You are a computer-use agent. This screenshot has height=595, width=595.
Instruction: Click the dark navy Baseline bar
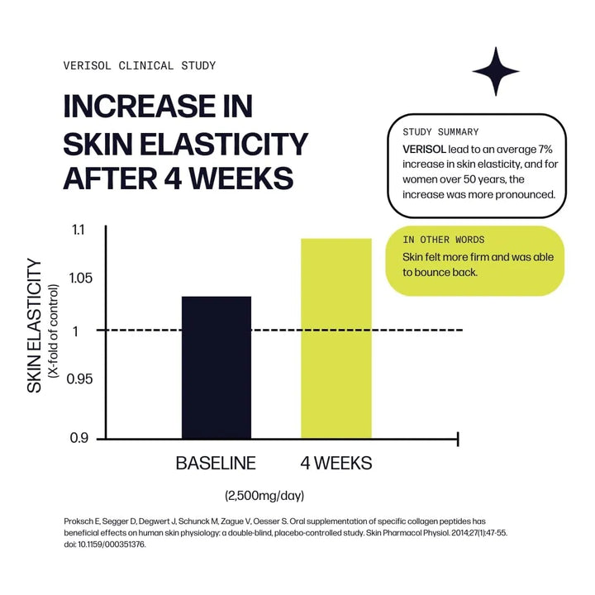(217, 367)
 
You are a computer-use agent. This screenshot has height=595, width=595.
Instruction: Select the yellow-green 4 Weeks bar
(336, 338)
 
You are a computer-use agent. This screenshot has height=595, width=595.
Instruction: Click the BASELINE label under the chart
(216, 464)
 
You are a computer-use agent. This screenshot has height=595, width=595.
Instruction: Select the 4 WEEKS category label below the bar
(336, 464)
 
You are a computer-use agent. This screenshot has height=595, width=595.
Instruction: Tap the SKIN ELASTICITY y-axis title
(34, 326)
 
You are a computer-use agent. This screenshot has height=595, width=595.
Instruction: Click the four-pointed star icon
(496, 71)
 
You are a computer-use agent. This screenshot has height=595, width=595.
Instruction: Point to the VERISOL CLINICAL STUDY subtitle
(140, 65)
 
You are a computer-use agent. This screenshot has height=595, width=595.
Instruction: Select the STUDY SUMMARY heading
(440, 132)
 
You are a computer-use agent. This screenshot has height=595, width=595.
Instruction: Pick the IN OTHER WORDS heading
(445, 240)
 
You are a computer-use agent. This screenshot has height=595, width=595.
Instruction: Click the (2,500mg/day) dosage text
(264, 496)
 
